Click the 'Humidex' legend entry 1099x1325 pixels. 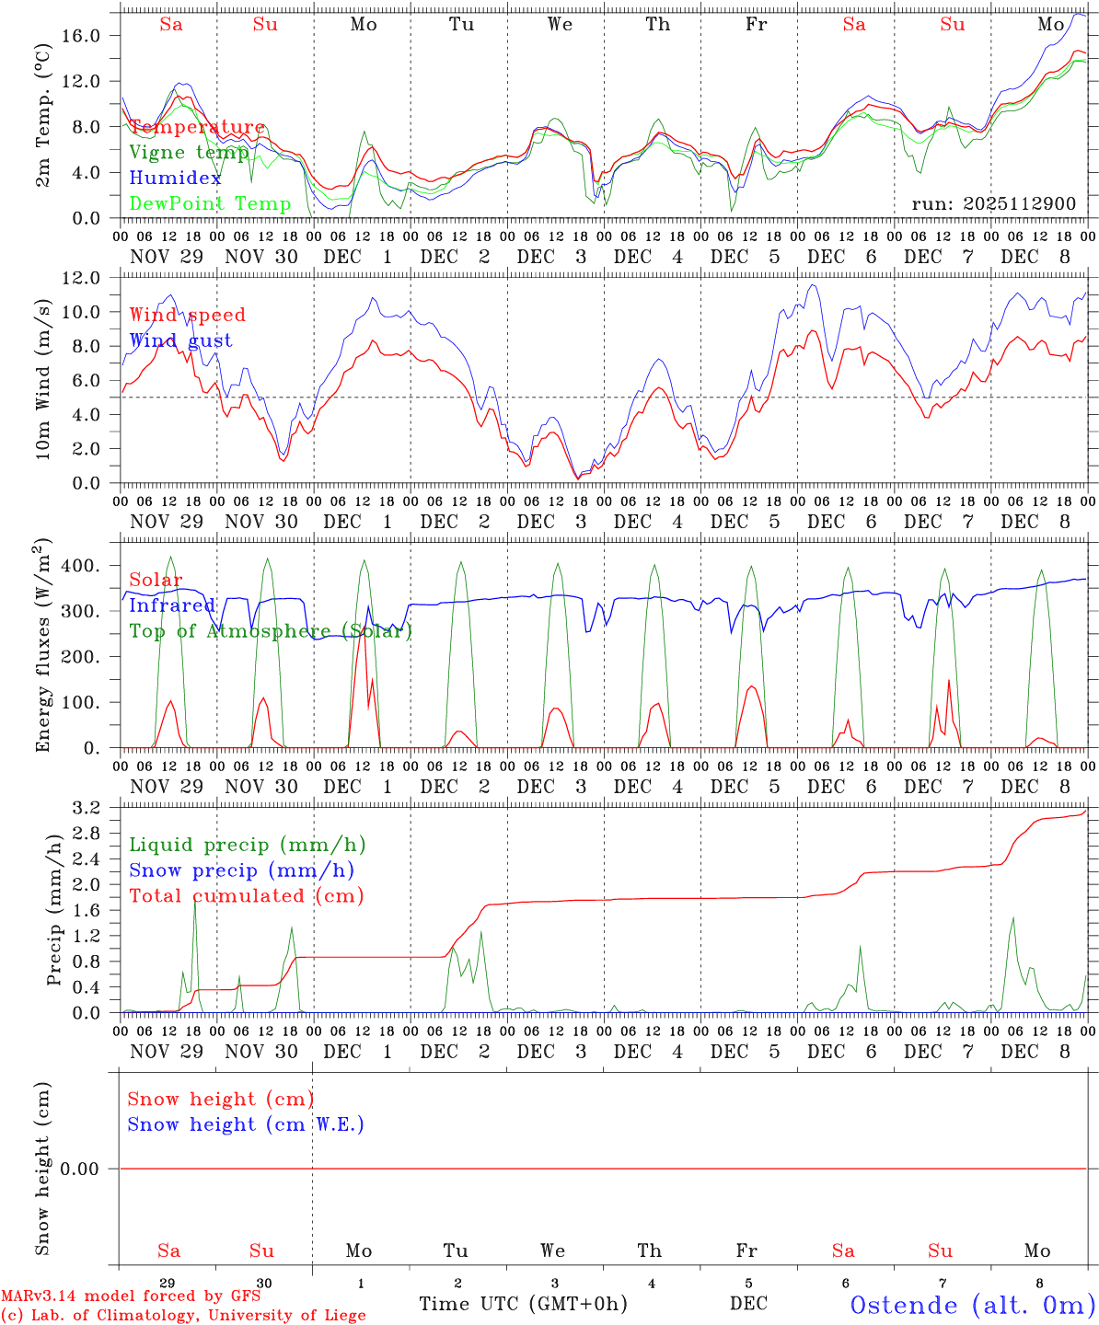coord(175,178)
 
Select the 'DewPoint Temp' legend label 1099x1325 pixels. coord(210,203)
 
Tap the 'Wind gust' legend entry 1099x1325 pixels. coord(180,340)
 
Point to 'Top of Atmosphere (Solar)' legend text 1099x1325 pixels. coord(271,630)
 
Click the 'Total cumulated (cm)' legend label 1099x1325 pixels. coord(246,895)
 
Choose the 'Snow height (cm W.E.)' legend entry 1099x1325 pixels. coord(246,1123)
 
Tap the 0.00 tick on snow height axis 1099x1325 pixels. coord(90,1169)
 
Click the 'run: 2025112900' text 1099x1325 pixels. coord(993,203)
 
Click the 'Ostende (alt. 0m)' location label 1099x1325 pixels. coord(973,1304)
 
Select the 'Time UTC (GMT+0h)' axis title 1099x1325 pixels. coord(523,1304)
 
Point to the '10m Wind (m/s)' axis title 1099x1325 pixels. coord(43,380)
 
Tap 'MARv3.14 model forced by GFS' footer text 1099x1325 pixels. coord(131,1296)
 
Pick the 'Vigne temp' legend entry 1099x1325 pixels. coord(188,152)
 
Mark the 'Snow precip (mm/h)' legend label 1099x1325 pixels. coord(241,870)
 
